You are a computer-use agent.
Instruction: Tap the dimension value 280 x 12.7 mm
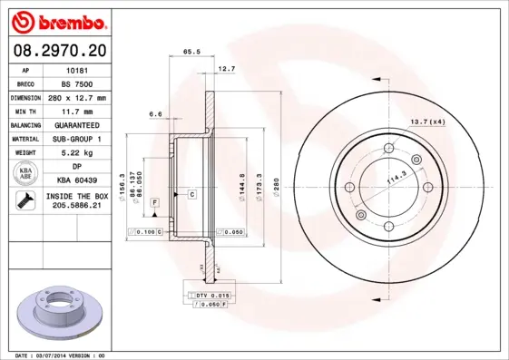(76, 97)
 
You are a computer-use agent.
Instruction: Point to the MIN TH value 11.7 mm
(76, 111)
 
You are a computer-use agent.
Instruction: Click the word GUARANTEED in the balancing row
(76, 125)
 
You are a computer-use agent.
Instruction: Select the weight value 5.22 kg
(76, 153)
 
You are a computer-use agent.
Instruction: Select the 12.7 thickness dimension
(226, 69)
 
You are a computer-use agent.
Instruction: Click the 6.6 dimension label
(154, 114)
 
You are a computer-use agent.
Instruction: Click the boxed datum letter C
(192, 195)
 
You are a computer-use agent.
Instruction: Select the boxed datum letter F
(155, 201)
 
